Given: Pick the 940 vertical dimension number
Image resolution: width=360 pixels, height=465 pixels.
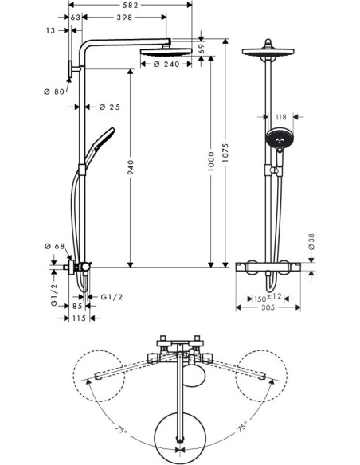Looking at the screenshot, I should click(x=129, y=166).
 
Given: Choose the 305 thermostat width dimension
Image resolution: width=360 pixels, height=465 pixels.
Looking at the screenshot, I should click(x=269, y=313).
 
